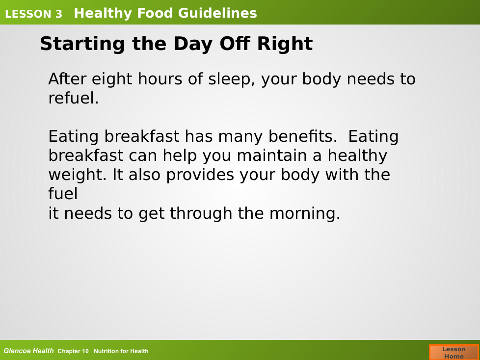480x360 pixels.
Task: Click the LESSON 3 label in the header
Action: pyautogui.click(x=33, y=14)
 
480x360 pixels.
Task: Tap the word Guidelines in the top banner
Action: pyautogui.click(x=217, y=13)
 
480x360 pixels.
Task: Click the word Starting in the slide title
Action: pyautogui.click(x=82, y=44)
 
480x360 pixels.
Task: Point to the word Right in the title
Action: pyautogui.click(x=285, y=44)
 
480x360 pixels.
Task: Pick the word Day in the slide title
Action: pyautogui.click(x=193, y=44)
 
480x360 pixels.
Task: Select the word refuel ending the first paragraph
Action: pyautogui.click(x=74, y=98)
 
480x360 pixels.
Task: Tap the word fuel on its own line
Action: pyautogui.click(x=63, y=194)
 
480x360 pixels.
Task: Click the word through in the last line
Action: pyautogui.click(x=201, y=213)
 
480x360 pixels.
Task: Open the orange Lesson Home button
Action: pyautogui.click(x=454, y=352)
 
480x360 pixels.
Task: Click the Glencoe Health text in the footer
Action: pyautogui.click(x=28, y=351)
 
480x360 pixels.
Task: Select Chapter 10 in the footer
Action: pyautogui.click(x=73, y=351)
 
